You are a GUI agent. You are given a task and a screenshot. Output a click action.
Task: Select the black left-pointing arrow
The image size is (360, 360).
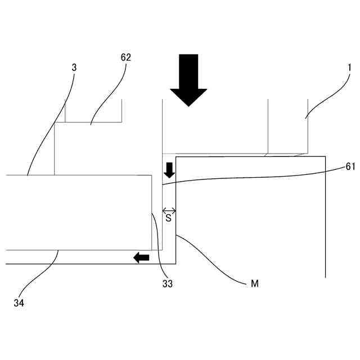141,258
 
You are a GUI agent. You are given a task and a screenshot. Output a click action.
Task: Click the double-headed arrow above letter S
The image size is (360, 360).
169,211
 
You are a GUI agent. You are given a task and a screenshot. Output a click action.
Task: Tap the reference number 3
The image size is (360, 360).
74,67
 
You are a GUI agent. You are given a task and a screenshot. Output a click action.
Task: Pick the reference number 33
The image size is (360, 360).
166,284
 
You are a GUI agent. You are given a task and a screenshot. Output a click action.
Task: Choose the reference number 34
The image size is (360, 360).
19,303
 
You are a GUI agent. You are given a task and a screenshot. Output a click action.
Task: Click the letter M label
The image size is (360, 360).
254,283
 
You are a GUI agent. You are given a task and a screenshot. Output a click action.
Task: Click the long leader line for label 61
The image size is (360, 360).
253,172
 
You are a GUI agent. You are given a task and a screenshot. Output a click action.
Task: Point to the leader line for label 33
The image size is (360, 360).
158,247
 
